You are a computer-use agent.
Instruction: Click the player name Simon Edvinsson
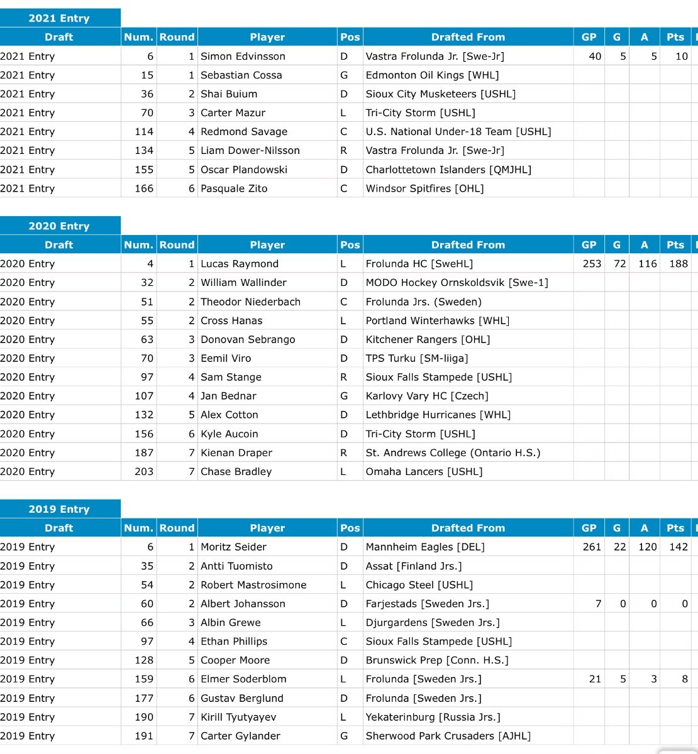click(x=243, y=56)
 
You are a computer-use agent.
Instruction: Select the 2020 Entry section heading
click(x=59, y=226)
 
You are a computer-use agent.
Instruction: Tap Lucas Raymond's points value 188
click(x=678, y=264)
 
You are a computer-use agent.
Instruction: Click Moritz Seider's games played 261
click(x=592, y=547)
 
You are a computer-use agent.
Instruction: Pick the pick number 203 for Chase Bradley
click(x=144, y=471)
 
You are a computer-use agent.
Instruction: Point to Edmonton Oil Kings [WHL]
click(x=432, y=75)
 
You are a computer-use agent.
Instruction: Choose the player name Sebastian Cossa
click(x=241, y=75)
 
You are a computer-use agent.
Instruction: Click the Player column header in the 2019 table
click(x=267, y=528)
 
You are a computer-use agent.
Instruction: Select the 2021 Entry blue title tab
click(x=59, y=18)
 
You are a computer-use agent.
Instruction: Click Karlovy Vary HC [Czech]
click(x=427, y=396)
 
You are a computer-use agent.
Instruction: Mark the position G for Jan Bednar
click(x=344, y=396)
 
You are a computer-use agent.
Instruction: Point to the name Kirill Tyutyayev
click(x=238, y=717)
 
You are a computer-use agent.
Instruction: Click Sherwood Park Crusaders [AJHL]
click(x=448, y=736)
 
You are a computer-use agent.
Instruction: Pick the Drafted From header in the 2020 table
click(x=468, y=245)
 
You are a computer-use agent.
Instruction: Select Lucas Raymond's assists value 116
click(x=647, y=264)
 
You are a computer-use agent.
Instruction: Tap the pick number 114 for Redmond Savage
click(x=144, y=131)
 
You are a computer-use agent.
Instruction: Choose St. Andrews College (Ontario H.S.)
click(x=453, y=452)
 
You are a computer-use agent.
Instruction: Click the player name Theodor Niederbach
click(x=250, y=302)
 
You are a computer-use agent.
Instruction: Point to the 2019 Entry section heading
click(x=59, y=509)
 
